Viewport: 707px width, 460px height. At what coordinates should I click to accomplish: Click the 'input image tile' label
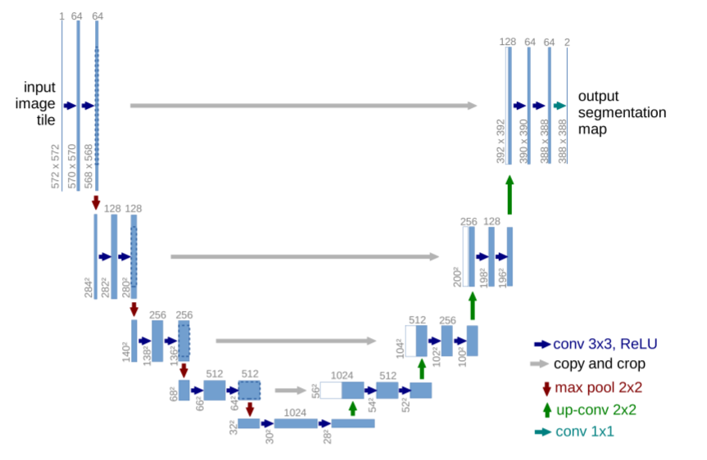tap(39, 103)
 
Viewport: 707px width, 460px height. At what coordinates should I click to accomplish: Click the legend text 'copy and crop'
tap(599, 364)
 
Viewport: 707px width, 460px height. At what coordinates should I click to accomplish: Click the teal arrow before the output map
tap(560, 106)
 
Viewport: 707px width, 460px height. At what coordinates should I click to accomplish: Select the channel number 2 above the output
tap(568, 41)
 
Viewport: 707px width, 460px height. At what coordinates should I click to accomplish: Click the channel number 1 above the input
tap(61, 16)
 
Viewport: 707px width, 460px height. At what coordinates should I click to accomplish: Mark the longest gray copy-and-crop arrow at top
tap(303, 106)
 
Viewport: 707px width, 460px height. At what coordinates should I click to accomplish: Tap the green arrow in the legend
tap(546, 408)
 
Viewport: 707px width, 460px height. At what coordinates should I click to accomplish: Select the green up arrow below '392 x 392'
tap(509, 194)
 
